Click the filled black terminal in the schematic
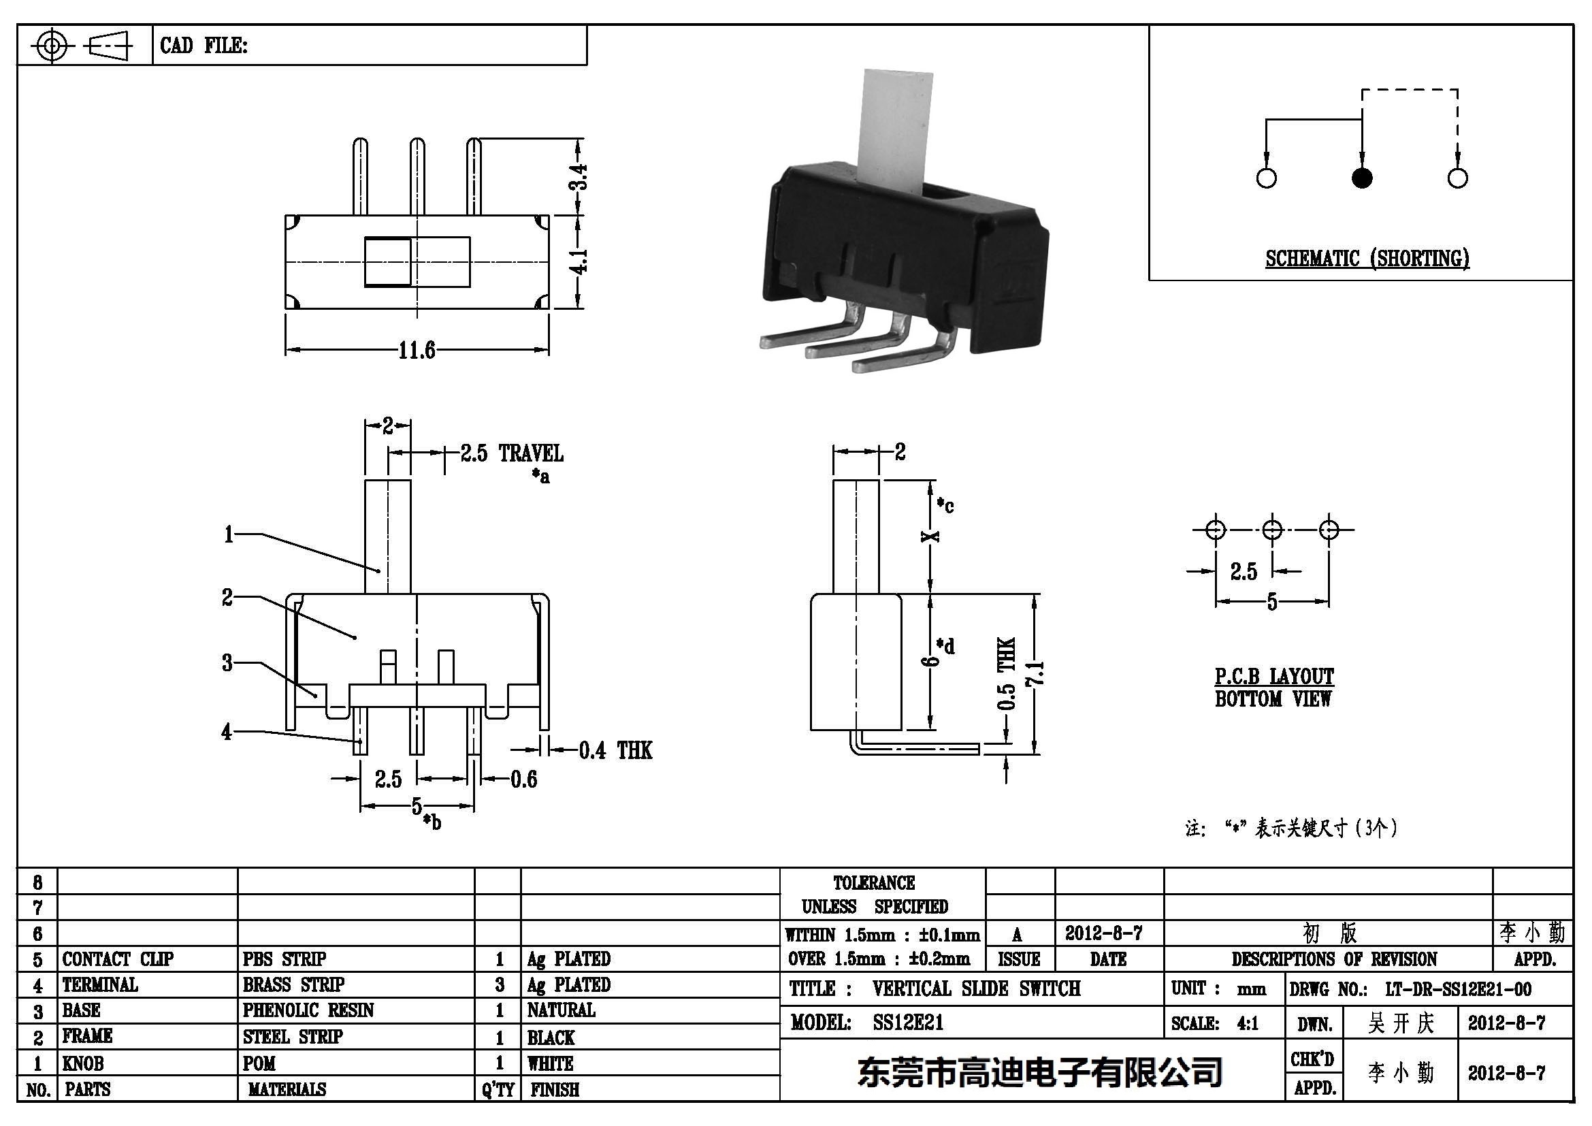point(1362,178)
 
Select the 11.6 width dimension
point(416,350)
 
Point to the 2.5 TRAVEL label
point(512,453)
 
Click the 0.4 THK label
point(615,750)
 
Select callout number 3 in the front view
point(227,663)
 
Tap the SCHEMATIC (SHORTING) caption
point(1367,259)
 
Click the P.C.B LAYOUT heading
point(1273,676)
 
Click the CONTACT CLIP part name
point(117,959)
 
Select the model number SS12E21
point(909,1023)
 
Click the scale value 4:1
point(1248,1023)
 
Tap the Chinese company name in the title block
point(1039,1073)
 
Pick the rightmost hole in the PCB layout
point(1329,530)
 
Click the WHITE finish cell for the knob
point(551,1063)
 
